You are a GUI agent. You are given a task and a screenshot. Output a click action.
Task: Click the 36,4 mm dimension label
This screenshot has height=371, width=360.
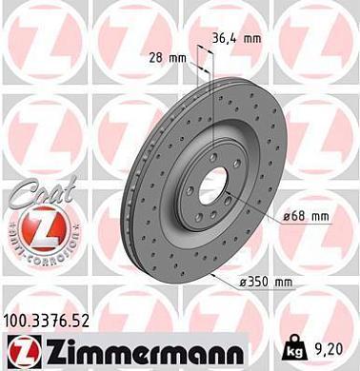[235, 40]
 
